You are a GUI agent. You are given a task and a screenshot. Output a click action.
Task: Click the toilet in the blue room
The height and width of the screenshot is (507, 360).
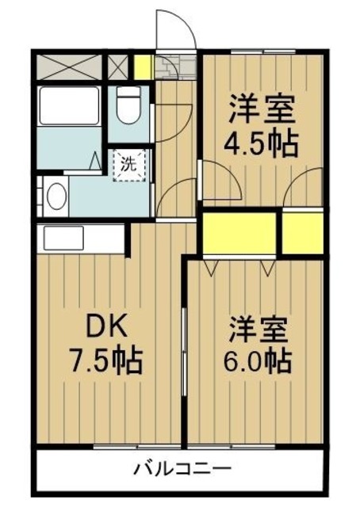[128, 105]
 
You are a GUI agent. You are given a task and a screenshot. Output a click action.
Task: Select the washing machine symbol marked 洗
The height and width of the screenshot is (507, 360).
[129, 166]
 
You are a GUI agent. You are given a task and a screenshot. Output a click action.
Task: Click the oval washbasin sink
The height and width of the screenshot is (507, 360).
[57, 196]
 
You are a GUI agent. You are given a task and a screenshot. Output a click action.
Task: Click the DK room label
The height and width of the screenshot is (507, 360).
[106, 328]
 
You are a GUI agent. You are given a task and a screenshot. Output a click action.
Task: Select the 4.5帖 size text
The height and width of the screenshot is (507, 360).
[261, 143]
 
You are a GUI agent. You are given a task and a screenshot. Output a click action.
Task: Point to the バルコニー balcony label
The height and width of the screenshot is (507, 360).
[183, 468]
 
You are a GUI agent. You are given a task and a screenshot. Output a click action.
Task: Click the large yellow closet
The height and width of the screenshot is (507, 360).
[239, 233]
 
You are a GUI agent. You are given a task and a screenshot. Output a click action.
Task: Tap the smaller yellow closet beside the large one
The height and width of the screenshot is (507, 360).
[303, 233]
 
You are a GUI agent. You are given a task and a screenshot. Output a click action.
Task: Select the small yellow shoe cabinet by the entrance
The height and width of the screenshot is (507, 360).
[143, 67]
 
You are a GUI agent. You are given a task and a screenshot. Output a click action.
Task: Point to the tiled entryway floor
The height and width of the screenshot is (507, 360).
[176, 67]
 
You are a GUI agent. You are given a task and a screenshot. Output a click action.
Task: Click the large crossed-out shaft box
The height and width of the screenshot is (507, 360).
[69, 67]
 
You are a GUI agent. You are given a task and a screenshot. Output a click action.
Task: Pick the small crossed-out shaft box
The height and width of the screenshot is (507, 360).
[117, 67]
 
